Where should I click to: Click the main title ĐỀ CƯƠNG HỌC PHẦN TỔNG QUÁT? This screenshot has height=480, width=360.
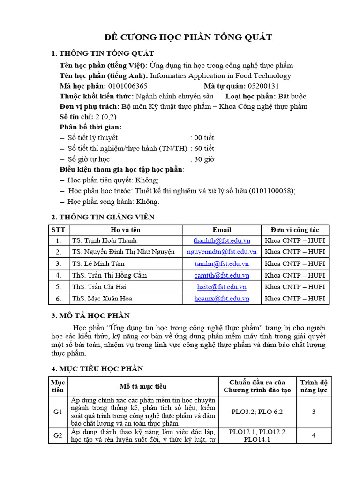[x=187, y=37]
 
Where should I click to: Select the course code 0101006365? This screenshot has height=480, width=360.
[x=127, y=86]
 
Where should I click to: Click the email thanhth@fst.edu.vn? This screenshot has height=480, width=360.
[x=222, y=240]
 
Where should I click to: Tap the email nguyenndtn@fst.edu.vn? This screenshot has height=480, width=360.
[x=222, y=252]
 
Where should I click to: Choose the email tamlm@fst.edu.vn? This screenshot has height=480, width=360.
[x=222, y=263]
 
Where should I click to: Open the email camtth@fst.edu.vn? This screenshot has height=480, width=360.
[x=222, y=275]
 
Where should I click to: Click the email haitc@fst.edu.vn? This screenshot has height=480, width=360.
[x=222, y=287]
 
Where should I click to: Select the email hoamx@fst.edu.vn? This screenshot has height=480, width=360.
[x=222, y=298]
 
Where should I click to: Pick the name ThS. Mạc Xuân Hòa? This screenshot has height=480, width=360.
[x=98, y=298]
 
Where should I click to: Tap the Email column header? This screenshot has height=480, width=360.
[x=222, y=230]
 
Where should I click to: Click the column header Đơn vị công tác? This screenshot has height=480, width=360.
[x=295, y=230]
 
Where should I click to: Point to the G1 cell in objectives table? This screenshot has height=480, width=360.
[x=58, y=412]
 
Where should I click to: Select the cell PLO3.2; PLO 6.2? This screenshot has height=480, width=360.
[x=257, y=412]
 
